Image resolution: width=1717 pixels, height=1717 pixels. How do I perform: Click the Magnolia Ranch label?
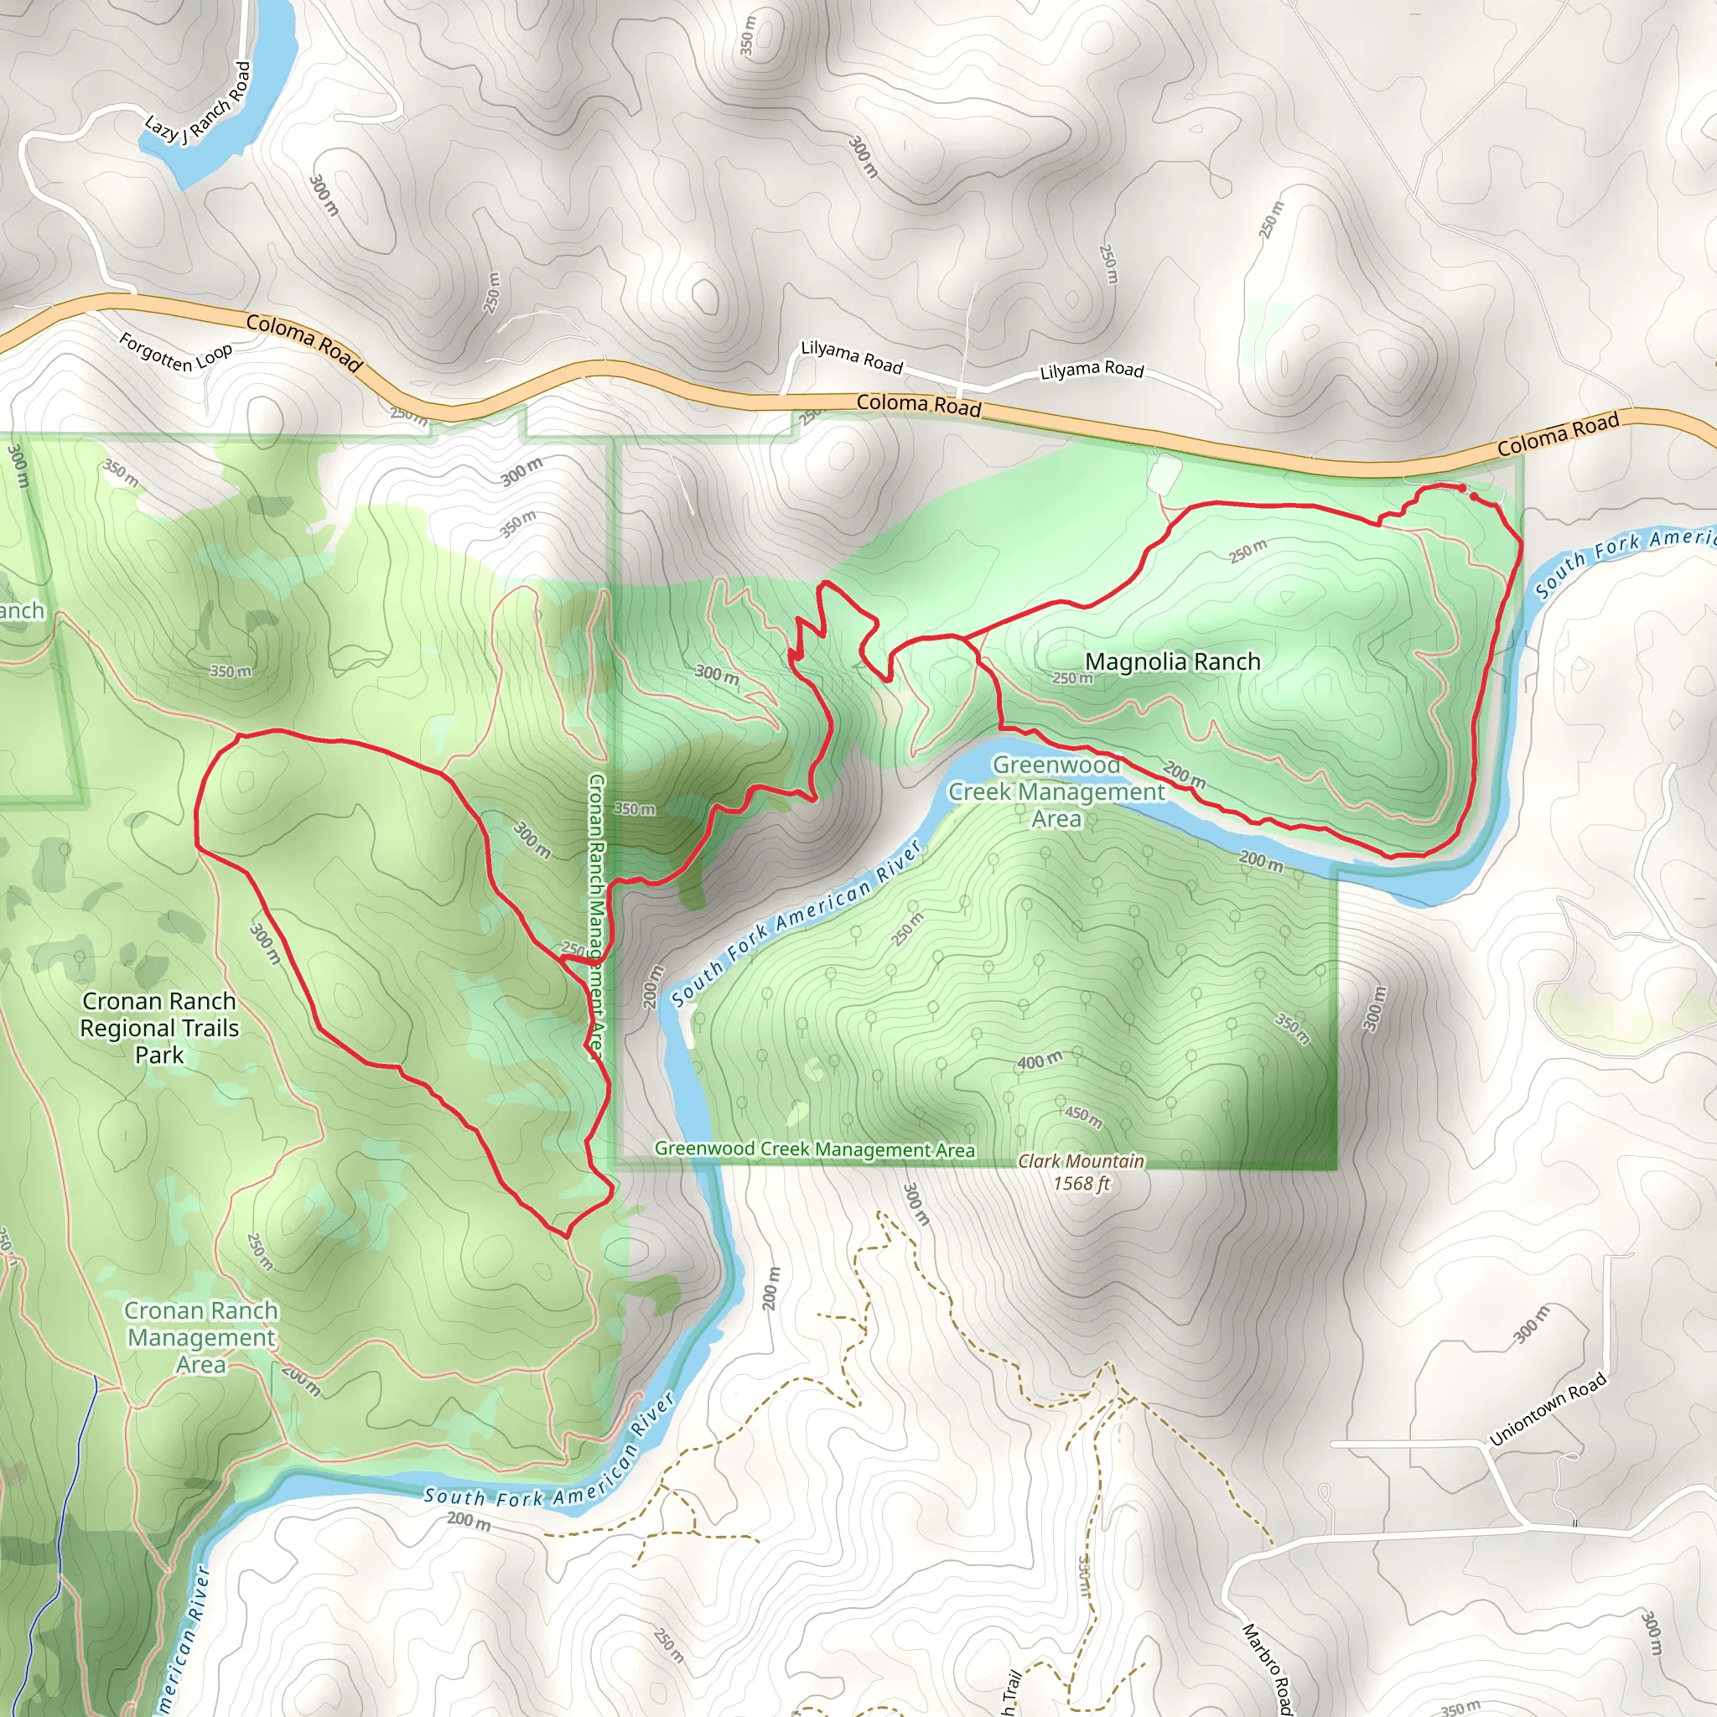pos(1172,661)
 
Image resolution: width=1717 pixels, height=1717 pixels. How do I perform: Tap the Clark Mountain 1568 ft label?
pos(1081,1171)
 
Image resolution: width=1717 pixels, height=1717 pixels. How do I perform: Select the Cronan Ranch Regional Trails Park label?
pos(159,1027)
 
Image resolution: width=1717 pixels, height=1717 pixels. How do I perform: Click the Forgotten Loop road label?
pos(175,352)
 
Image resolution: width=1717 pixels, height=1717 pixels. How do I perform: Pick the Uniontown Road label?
pos(1548,1408)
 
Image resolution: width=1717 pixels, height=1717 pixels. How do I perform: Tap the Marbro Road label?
pos(1265,1668)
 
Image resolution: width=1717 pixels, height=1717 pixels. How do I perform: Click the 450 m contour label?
pos(1083,1117)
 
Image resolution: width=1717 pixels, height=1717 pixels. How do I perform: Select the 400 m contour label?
pos(1039,1061)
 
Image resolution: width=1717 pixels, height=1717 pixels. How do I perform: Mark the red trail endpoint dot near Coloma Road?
pos(1462,488)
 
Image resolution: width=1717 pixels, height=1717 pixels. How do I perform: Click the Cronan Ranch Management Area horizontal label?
pos(201,1336)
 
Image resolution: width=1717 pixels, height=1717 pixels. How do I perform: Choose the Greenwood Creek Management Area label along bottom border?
pos(814,1149)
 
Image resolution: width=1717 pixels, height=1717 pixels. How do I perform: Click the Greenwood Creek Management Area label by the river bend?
pos(1056,791)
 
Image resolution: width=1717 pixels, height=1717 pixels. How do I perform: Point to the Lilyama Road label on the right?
pos(1092,370)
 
